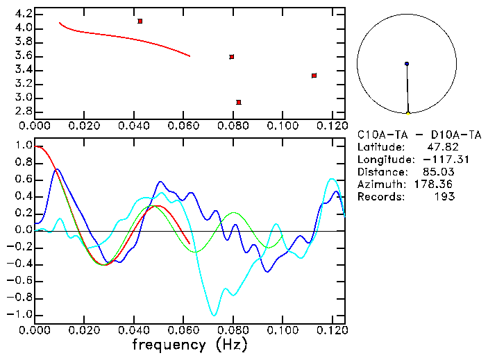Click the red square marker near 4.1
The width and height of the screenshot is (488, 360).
point(140,22)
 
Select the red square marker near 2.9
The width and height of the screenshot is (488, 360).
point(239,102)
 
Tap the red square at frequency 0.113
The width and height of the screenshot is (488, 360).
point(314,76)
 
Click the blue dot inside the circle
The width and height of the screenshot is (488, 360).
point(407,64)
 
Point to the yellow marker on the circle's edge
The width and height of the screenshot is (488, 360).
point(408,113)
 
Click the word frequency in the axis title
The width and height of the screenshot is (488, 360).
point(167,344)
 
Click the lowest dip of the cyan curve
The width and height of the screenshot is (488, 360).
point(214,315)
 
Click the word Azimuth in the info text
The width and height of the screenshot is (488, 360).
point(379,185)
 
